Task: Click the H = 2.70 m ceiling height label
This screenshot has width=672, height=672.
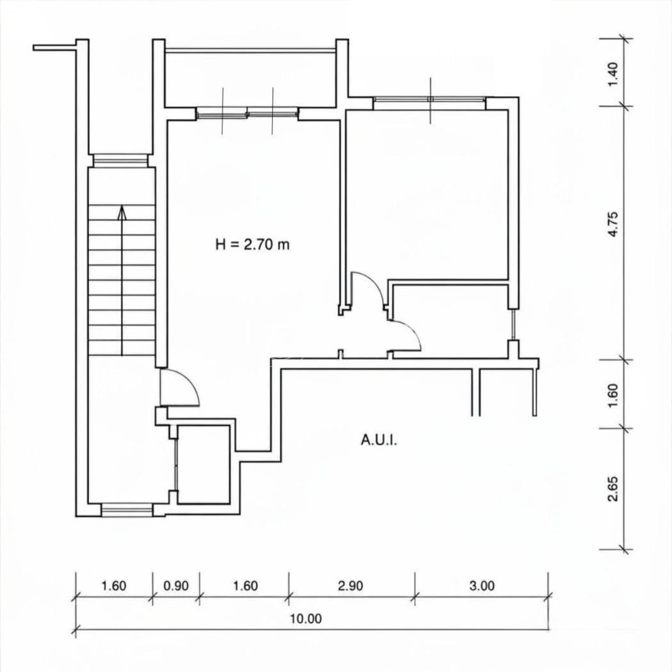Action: point(252,244)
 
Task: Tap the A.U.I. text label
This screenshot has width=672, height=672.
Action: point(379,440)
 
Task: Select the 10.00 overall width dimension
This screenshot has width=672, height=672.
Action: point(306,619)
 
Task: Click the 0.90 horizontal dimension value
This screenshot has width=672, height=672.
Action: point(176,586)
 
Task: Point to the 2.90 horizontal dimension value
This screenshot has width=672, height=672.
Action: point(351,586)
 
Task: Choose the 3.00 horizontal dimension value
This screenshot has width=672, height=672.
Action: point(482,586)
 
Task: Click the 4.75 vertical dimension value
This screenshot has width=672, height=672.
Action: point(613,224)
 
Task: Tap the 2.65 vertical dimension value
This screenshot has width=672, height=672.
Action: point(613,488)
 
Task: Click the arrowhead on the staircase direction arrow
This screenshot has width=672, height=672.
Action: point(123,213)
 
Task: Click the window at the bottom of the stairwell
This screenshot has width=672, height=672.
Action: point(127,510)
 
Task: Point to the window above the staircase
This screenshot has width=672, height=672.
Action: point(120,160)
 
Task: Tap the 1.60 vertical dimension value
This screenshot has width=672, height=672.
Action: point(613,395)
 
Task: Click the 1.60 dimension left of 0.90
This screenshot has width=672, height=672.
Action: point(113,586)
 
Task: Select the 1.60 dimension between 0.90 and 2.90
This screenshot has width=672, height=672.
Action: point(245,586)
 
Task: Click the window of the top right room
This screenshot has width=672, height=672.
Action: point(429,99)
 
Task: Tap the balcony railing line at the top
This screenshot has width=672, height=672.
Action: point(250,50)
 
